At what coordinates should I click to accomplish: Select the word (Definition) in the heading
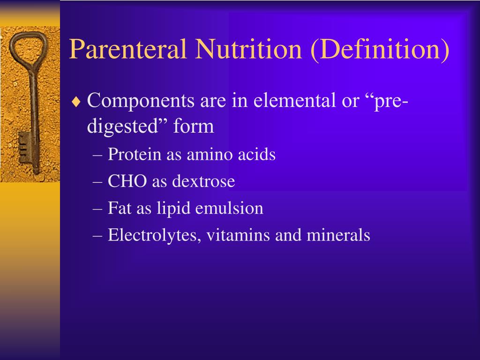coord(380,50)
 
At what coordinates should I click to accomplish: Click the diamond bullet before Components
coord(76,101)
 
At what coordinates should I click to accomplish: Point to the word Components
coord(141,101)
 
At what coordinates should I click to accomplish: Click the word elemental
coord(294,100)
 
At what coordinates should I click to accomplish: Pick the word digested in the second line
coord(123,127)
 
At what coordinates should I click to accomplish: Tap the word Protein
coord(135,154)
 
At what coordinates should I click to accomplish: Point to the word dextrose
coord(203,181)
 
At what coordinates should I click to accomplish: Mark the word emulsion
coord(229,208)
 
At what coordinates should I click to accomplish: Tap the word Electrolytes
coord(154,235)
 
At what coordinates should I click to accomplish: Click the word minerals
coord(338,235)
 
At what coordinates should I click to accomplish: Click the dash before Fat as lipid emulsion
coord(97,209)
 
